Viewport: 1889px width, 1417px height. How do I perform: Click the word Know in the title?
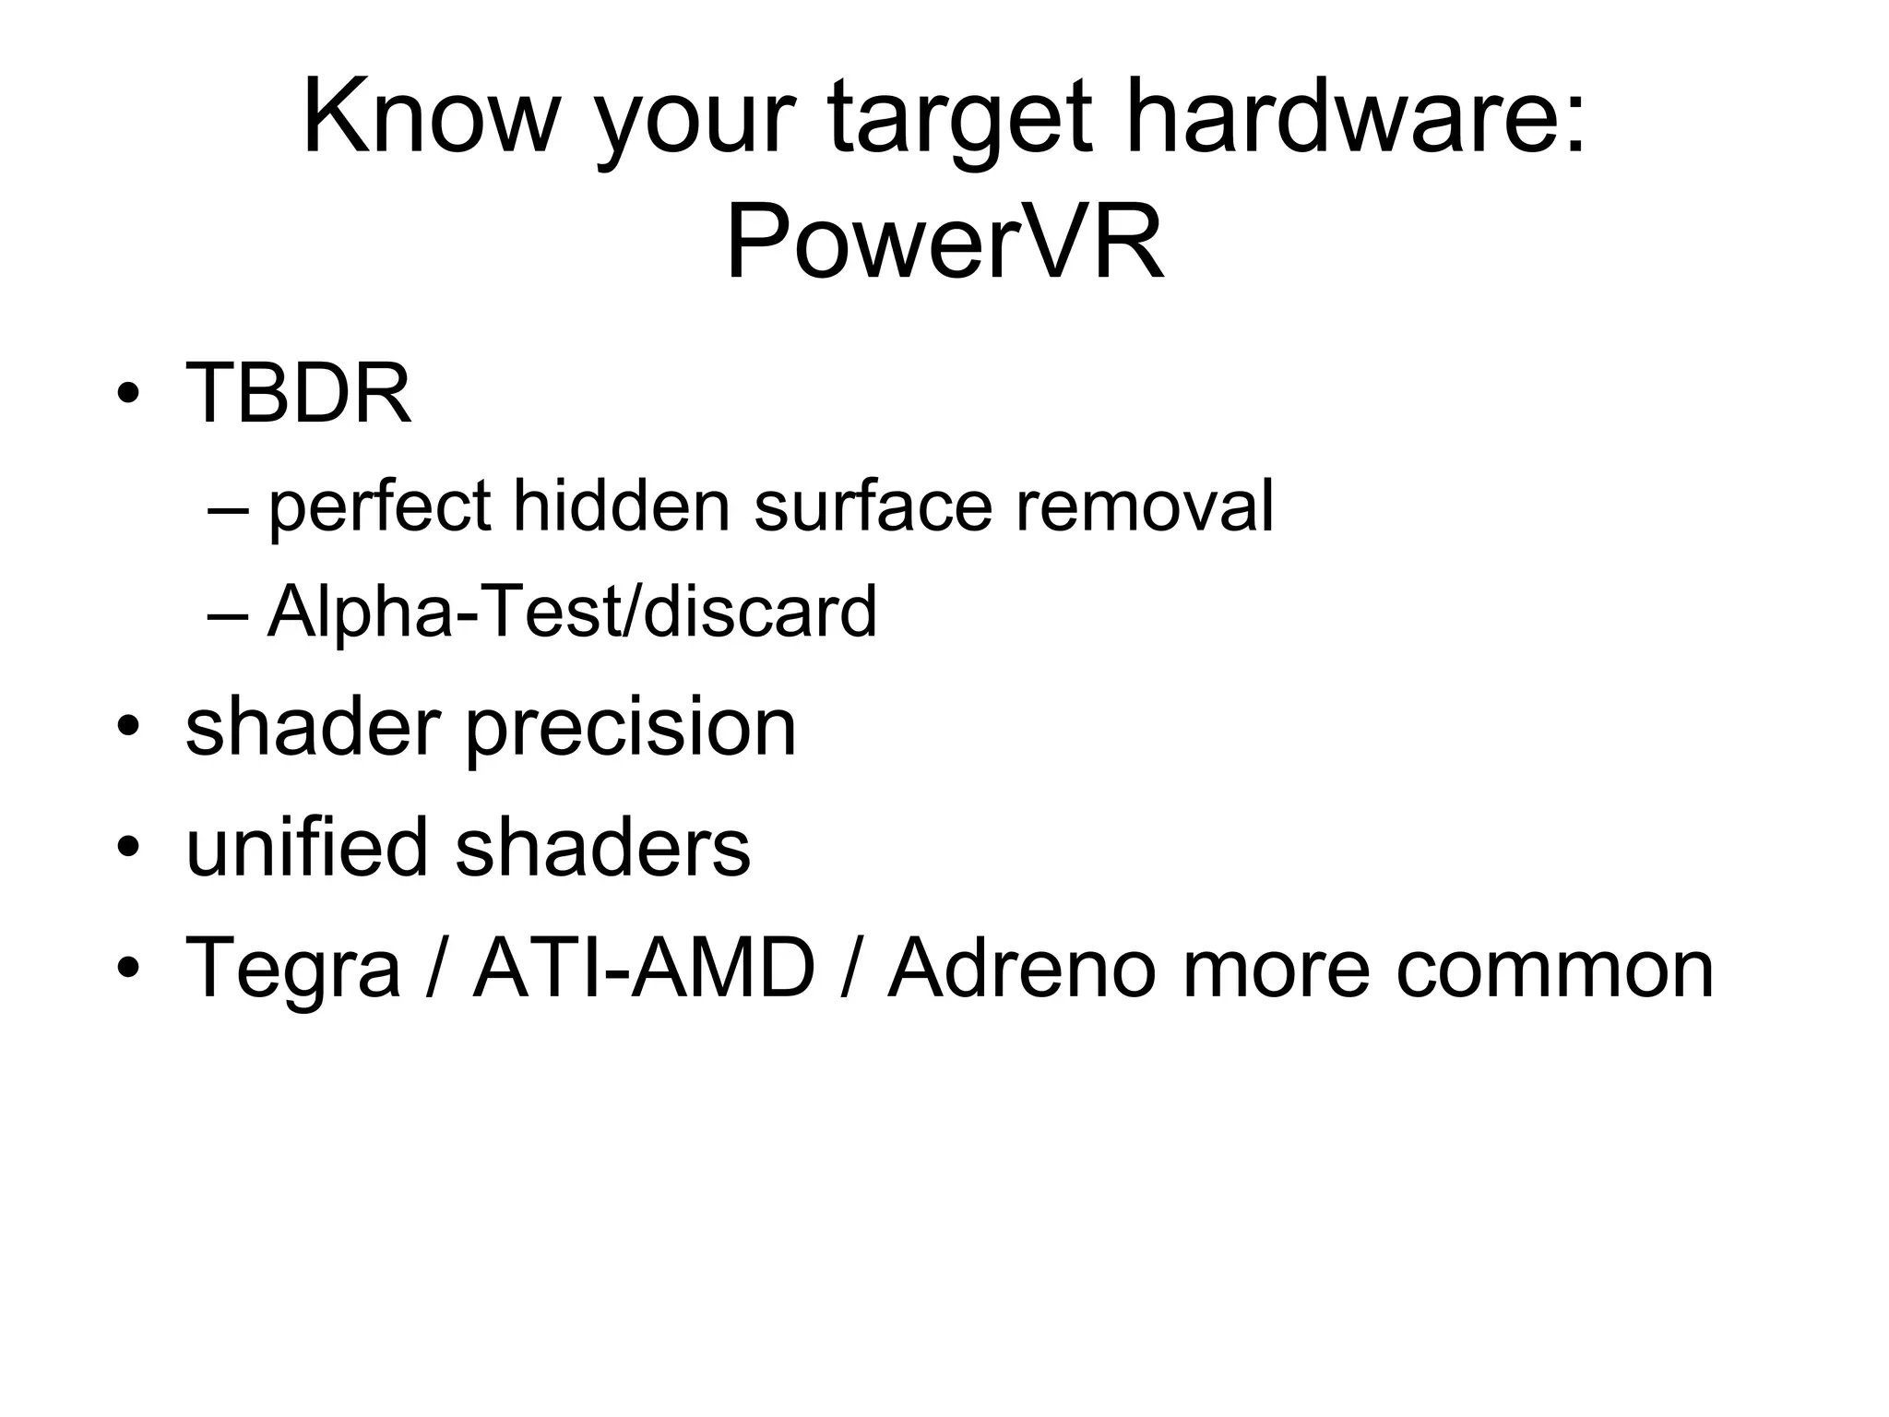(x=430, y=118)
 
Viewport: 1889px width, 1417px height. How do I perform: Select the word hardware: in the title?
(x=1356, y=118)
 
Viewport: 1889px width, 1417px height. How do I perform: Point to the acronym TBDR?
(x=298, y=393)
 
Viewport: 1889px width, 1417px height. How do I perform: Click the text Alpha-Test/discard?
(x=572, y=611)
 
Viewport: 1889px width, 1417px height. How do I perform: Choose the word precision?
(x=630, y=729)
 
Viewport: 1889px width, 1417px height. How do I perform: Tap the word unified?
(x=307, y=846)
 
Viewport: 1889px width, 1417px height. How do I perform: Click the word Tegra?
(x=293, y=969)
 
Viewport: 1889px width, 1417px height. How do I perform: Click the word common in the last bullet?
(x=1554, y=969)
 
